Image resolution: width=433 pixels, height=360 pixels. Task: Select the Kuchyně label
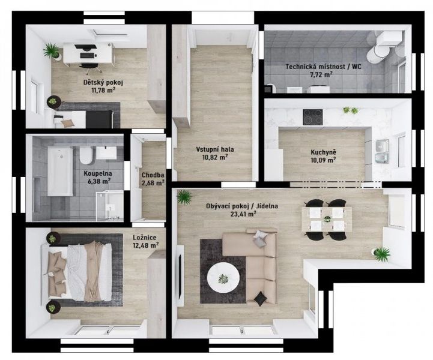click(x=322, y=152)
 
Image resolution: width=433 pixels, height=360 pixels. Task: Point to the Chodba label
click(x=153, y=175)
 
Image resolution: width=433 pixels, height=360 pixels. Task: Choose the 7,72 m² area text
click(x=323, y=75)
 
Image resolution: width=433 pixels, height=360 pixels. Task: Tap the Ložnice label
click(x=145, y=236)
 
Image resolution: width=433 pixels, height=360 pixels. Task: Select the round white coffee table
click(x=223, y=278)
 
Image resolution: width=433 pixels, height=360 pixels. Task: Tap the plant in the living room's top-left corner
click(x=184, y=196)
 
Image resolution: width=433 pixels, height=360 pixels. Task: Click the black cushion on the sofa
click(x=260, y=298)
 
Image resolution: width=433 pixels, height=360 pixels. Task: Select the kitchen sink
click(x=381, y=146)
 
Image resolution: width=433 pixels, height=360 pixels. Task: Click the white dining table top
click(x=324, y=219)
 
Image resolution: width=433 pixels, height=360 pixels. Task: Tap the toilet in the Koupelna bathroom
click(x=86, y=156)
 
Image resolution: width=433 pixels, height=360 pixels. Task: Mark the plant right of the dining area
click(x=381, y=254)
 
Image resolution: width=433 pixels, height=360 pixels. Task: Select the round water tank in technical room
click(x=378, y=53)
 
